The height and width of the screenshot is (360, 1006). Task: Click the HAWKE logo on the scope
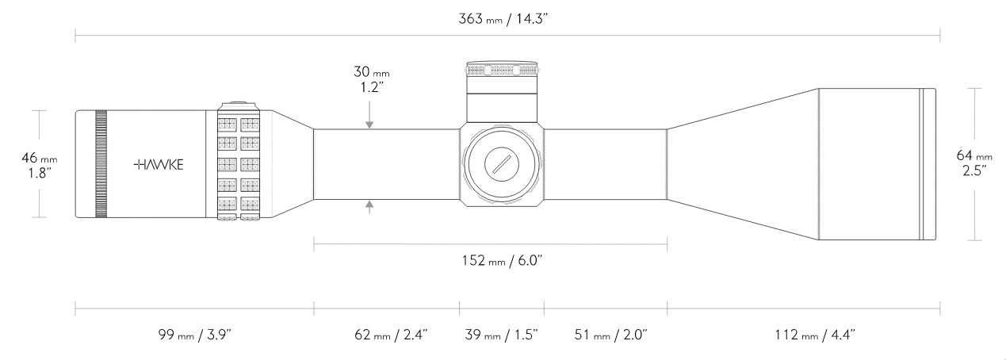click(159, 164)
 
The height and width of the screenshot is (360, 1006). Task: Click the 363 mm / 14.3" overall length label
click(503, 19)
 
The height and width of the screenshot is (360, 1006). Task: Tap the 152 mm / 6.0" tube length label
click(502, 261)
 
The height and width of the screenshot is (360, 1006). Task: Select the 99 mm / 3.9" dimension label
click(194, 335)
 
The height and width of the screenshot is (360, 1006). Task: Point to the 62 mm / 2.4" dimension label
click(391, 335)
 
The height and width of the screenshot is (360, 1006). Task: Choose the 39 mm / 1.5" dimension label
click(501, 335)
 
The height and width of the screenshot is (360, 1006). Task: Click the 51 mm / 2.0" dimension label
click(610, 335)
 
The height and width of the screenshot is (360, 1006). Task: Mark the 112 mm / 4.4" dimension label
click(815, 335)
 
